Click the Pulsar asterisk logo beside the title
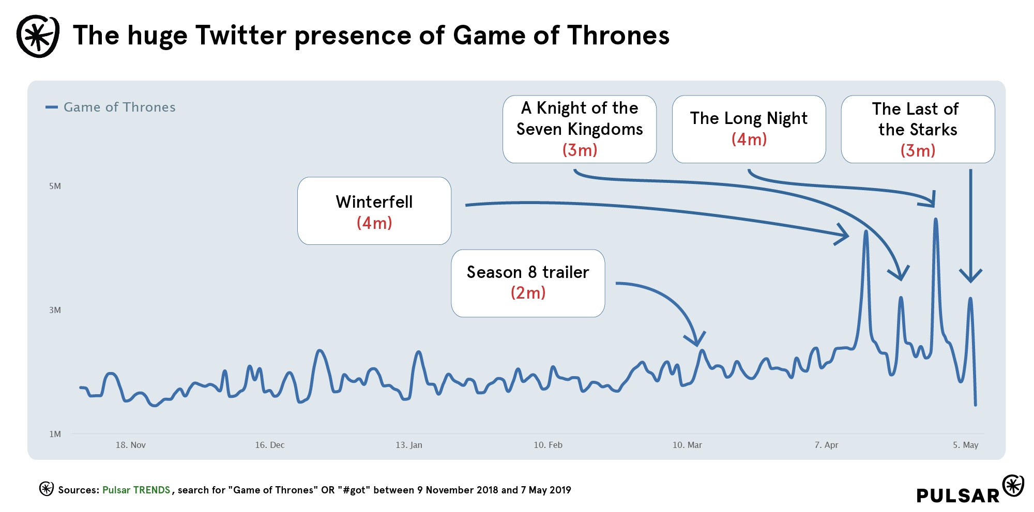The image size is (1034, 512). pos(38,36)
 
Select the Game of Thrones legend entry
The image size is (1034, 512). pos(119,107)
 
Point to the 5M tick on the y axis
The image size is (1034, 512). pos(55,186)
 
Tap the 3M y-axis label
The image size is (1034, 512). pos(55,310)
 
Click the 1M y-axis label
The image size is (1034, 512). pos(55,434)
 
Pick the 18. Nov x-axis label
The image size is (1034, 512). pos(130,445)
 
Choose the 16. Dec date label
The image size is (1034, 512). pos(269,445)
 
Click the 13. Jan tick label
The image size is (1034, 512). pos(408,445)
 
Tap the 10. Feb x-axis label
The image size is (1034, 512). pos(548,445)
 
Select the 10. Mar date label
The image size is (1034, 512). pos(687,445)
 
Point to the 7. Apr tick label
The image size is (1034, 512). pos(826,445)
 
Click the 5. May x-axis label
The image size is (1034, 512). pos(965,445)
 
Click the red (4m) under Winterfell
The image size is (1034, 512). pos(374,223)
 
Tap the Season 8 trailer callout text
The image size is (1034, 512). pos(527,272)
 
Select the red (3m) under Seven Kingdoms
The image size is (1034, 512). pos(580,150)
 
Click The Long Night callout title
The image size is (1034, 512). pos(748,118)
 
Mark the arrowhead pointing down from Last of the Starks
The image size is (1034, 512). pos(970,276)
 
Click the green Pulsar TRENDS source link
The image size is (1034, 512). pos(136,490)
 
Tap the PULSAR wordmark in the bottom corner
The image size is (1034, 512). pos(957,495)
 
